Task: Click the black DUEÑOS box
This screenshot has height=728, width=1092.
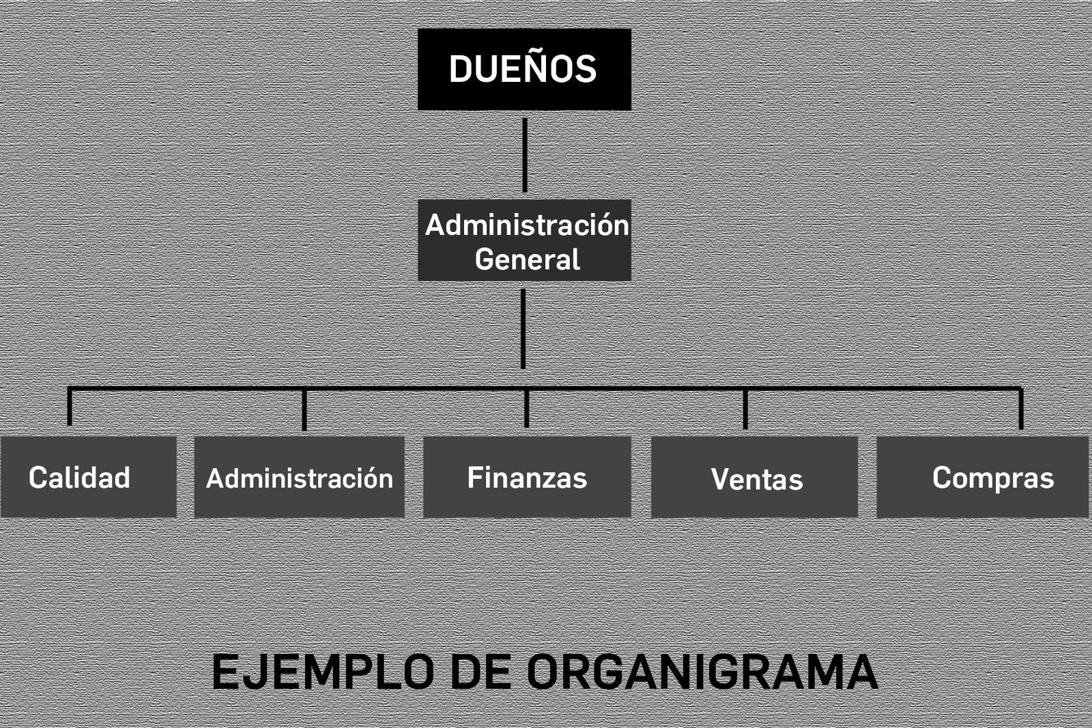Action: pyautogui.click(x=525, y=70)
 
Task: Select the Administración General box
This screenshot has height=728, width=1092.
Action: pyautogui.click(x=525, y=240)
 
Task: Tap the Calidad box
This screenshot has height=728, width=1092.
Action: pyautogui.click(x=88, y=476)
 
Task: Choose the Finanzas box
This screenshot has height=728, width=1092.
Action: pyautogui.click(x=527, y=476)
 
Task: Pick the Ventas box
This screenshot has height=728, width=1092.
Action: pyautogui.click(x=754, y=476)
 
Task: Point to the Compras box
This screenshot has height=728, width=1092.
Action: pyautogui.click(x=983, y=476)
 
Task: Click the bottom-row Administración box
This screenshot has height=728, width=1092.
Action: pyautogui.click(x=300, y=476)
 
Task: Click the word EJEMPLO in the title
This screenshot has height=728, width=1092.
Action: pyautogui.click(x=323, y=671)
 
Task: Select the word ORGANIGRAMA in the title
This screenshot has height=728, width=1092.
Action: pyautogui.click(x=702, y=671)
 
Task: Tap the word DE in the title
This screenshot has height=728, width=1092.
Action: pyautogui.click(x=480, y=671)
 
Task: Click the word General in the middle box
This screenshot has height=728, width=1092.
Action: pyautogui.click(x=528, y=259)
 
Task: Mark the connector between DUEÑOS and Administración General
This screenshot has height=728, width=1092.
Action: pyautogui.click(x=525, y=155)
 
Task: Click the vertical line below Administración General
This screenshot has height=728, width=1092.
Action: pyautogui.click(x=523, y=329)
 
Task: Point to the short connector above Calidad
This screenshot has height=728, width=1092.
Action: pyautogui.click(x=70, y=407)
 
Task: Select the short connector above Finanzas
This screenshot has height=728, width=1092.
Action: pyautogui.click(x=526, y=408)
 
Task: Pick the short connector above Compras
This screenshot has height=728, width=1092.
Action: pyautogui.click(x=1021, y=409)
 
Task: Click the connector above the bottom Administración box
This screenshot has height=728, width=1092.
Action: pyautogui.click(x=304, y=410)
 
